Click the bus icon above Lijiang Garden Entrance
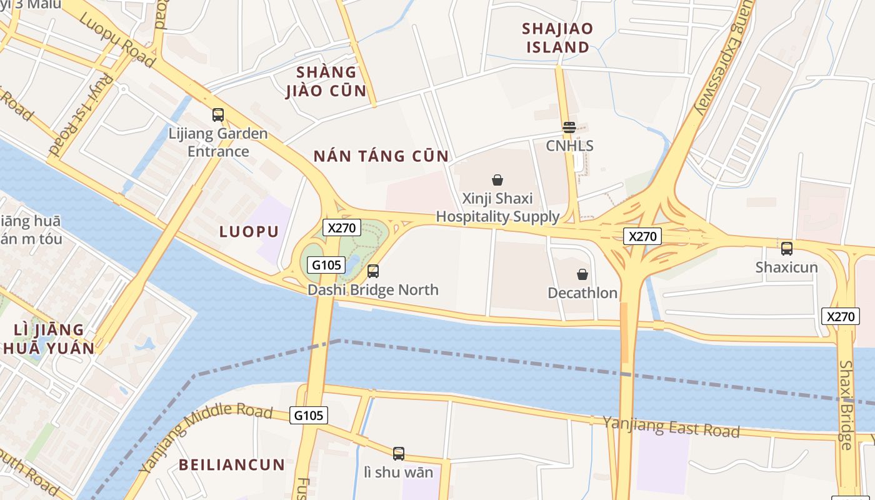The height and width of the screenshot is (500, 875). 217,115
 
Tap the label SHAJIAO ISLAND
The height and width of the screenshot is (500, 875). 557,37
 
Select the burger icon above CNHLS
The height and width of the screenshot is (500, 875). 569,127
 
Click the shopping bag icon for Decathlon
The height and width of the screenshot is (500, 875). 582,274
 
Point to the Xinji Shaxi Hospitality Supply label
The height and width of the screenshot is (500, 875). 497,207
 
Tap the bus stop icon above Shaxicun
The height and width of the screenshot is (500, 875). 786,248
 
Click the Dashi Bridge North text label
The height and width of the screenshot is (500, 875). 372,290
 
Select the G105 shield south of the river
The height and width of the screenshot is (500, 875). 309,415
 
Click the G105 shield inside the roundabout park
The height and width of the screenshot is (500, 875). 326,265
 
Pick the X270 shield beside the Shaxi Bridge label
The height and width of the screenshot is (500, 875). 840,316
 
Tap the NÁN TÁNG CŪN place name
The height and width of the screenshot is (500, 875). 381,156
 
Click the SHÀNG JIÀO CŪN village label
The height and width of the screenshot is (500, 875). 326,81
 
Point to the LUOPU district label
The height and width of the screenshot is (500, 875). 249,232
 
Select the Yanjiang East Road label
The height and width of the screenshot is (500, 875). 671,427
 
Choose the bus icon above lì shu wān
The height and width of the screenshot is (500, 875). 398,454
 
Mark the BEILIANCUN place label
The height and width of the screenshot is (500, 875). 232,465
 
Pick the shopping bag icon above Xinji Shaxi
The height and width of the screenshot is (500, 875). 497,180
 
